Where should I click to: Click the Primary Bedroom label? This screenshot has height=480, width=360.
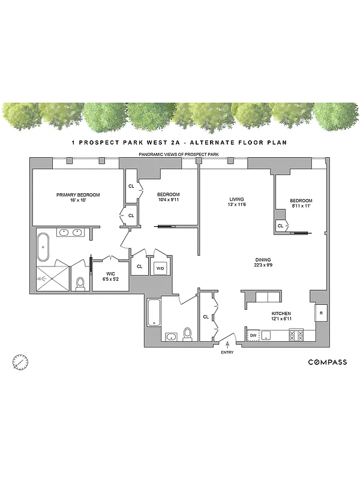click(x=78, y=195)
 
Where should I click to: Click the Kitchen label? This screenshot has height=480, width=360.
click(x=281, y=314)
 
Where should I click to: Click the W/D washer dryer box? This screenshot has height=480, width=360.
click(x=160, y=268)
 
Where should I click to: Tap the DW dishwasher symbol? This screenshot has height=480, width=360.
click(x=254, y=335)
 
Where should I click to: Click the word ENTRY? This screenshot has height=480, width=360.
click(x=227, y=352)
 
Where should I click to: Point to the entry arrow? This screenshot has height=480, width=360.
click(x=227, y=344)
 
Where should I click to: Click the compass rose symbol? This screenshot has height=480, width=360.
click(x=20, y=362)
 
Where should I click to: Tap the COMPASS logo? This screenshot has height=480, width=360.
click(x=327, y=362)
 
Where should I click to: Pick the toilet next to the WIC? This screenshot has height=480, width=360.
click(x=80, y=281)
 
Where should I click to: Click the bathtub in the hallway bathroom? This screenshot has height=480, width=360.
click(x=154, y=312)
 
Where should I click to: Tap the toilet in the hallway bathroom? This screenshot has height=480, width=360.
click(x=187, y=333)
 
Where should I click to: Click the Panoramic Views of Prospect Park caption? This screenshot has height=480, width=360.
click(x=179, y=155)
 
